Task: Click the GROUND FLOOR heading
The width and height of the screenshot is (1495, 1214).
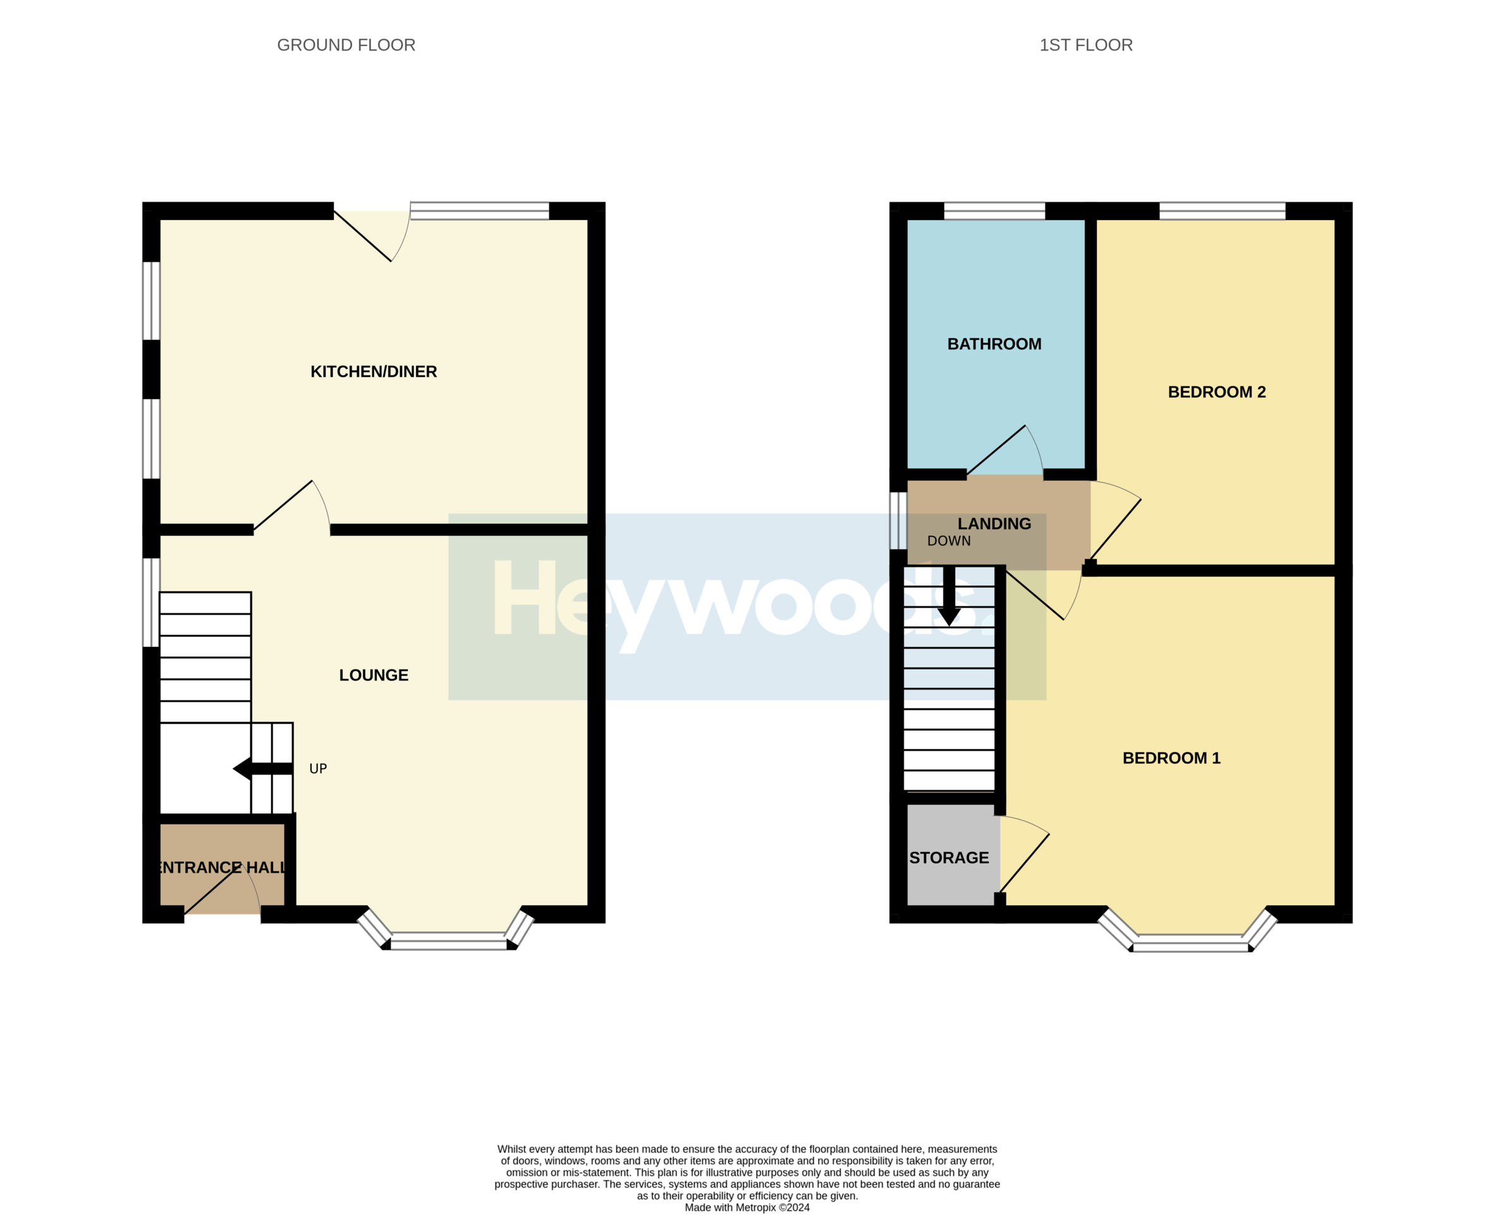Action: click(x=346, y=45)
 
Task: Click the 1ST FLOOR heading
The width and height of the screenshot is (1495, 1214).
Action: click(x=1085, y=45)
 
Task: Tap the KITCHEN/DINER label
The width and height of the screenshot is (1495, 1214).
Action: click(x=374, y=371)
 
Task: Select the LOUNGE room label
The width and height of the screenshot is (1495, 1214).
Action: click(x=374, y=675)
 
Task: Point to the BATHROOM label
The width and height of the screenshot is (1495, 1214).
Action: click(x=994, y=344)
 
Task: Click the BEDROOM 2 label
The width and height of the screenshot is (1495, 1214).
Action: click(x=1216, y=391)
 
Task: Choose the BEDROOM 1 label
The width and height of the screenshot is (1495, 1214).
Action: click(x=1171, y=758)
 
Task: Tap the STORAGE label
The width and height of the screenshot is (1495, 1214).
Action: click(x=948, y=857)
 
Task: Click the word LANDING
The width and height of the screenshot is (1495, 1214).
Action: click(x=994, y=524)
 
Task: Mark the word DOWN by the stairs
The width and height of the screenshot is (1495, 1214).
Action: click(x=948, y=541)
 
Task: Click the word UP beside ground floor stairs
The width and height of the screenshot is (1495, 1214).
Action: click(x=317, y=768)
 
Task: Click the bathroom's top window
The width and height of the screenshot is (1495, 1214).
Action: click(x=994, y=211)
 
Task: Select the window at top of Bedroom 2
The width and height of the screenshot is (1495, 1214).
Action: click(x=1221, y=211)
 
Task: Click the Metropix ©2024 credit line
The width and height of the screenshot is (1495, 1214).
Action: click(x=746, y=1207)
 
